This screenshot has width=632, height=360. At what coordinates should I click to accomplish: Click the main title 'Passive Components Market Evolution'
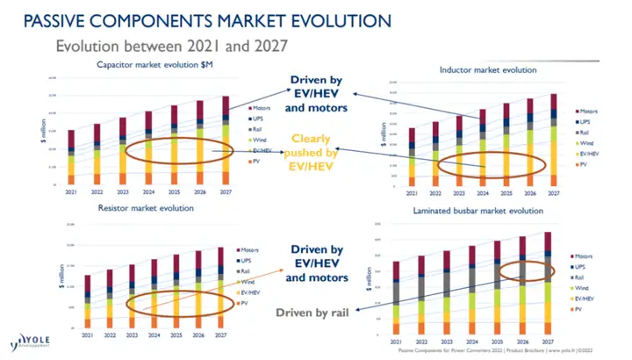pos(197,19)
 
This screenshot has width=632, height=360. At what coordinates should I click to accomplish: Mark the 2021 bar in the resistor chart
pos(87,303)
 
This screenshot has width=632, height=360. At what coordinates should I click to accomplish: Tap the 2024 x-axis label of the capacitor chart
pos(149,191)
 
